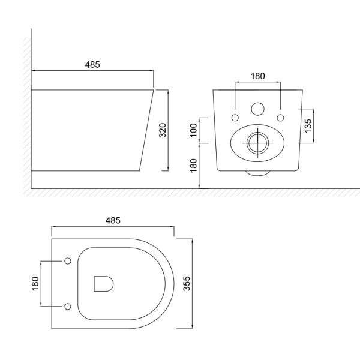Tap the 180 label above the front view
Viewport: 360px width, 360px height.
pyautogui.click(x=257, y=76)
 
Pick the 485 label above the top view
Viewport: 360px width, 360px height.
pyautogui.click(x=113, y=220)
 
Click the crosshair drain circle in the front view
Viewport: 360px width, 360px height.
pyautogui.click(x=257, y=142)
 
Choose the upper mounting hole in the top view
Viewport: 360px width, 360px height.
pyautogui.click(x=67, y=261)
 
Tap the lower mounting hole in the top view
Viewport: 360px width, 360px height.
pyautogui.click(x=67, y=307)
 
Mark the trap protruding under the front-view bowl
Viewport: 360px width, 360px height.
pyautogui.click(x=257, y=173)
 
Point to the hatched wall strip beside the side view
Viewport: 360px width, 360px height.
pyautogui.click(x=26, y=114)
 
